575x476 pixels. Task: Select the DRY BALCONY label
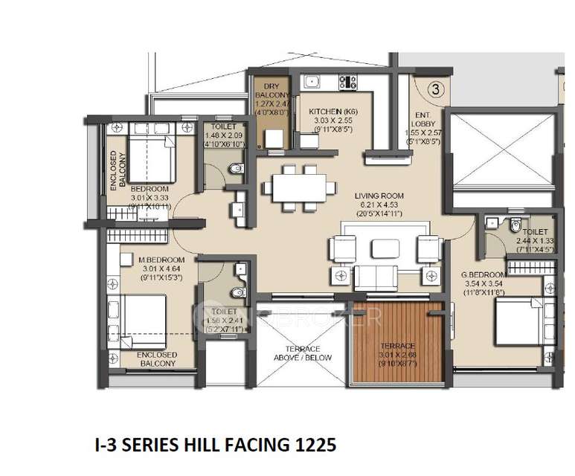(267, 91)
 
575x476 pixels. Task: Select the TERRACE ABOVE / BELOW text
(302, 353)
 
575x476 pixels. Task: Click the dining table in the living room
(295, 184)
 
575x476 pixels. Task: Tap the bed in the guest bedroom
(513, 321)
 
